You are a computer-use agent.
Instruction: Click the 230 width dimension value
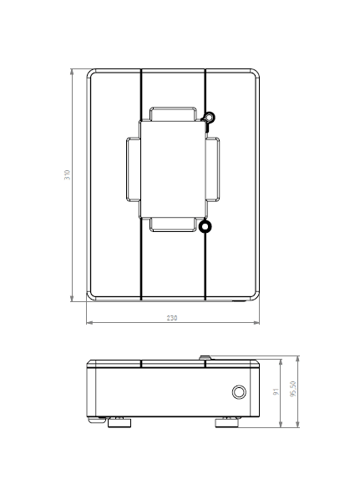[x=172, y=318]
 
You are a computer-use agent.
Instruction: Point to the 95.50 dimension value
[x=292, y=390]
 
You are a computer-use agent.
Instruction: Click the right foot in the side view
[x=227, y=422]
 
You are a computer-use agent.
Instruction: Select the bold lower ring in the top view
[x=205, y=226]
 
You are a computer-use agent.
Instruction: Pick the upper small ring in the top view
[x=210, y=118]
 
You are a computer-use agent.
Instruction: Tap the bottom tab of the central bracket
[x=173, y=223]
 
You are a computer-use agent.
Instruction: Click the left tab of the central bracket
[x=133, y=169]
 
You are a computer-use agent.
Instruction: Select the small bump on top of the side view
[x=205, y=357]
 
